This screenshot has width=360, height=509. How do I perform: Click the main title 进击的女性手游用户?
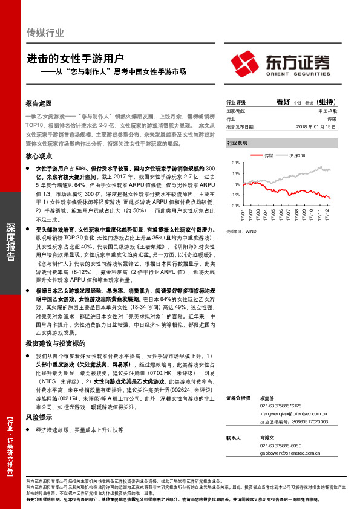(76, 59)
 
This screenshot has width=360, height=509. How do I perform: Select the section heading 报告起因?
(39, 103)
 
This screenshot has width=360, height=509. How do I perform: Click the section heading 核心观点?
(39, 156)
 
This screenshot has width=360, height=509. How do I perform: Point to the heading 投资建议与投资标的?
(52, 343)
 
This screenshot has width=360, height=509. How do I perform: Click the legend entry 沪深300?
(298, 156)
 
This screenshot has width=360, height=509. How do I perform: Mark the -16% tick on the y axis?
(235, 195)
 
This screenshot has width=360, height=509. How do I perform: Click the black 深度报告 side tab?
(10, 242)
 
